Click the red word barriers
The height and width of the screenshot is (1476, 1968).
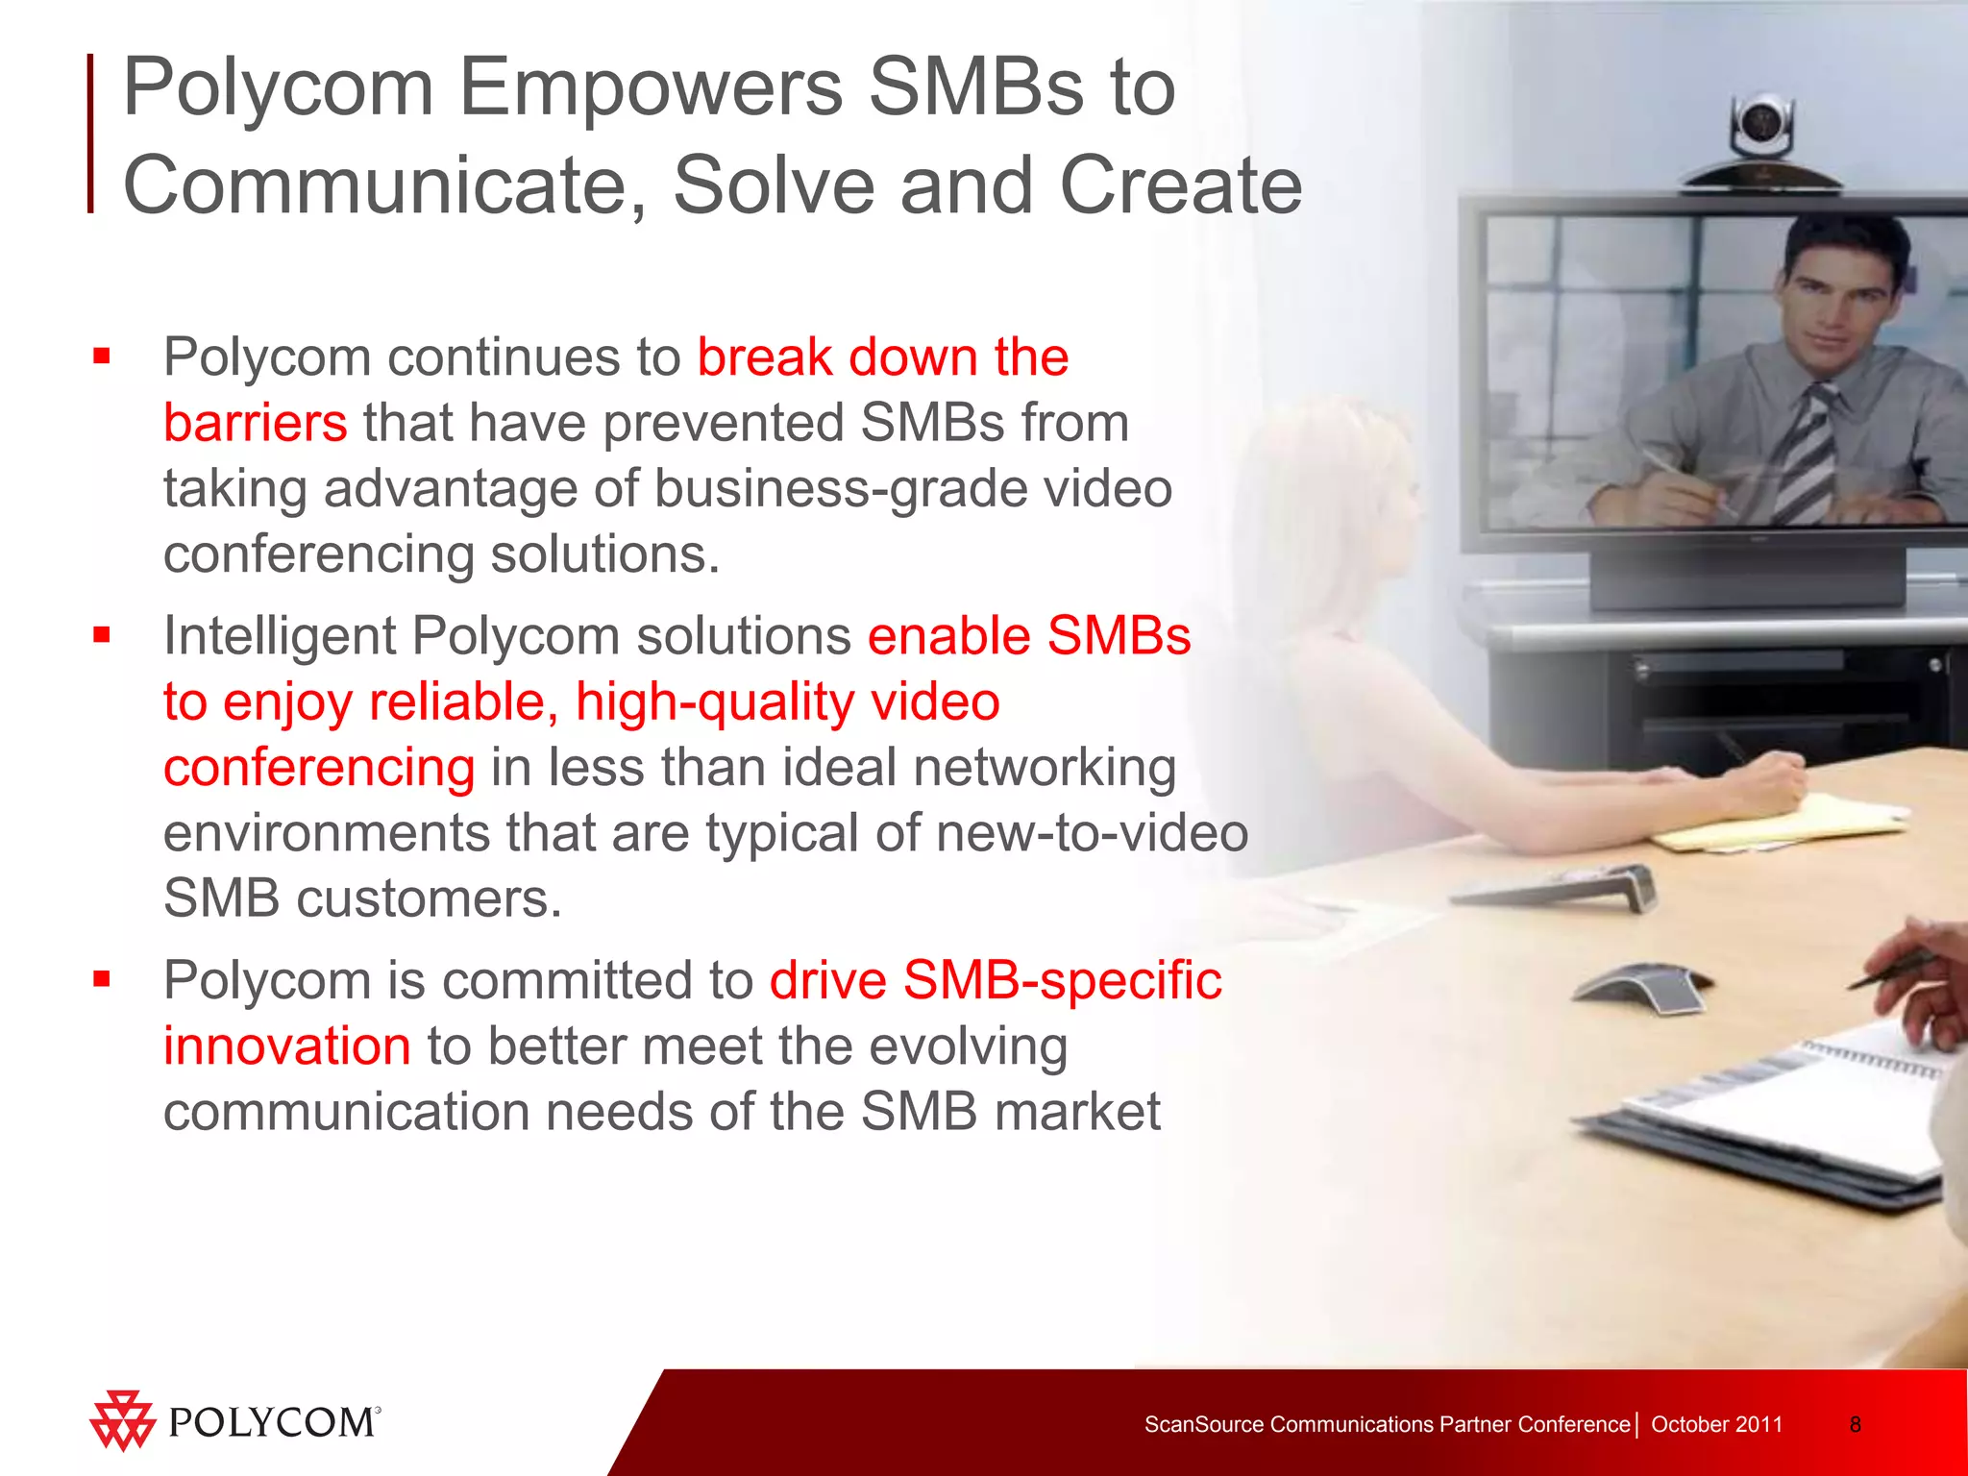[x=255, y=423]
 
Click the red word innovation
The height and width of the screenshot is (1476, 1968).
[x=286, y=1045]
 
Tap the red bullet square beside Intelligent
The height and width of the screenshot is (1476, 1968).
[x=102, y=635]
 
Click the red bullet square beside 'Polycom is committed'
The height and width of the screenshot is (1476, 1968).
[x=102, y=979]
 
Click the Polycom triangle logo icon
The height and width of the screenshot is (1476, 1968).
[x=122, y=1420]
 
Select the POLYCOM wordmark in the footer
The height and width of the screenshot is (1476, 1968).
[x=273, y=1423]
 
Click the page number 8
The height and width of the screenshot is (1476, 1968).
[x=1855, y=1424]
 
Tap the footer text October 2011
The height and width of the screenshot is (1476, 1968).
[x=1716, y=1424]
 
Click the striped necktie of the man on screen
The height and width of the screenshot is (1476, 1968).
[x=1807, y=452]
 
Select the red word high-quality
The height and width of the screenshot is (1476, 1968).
[x=715, y=702]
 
